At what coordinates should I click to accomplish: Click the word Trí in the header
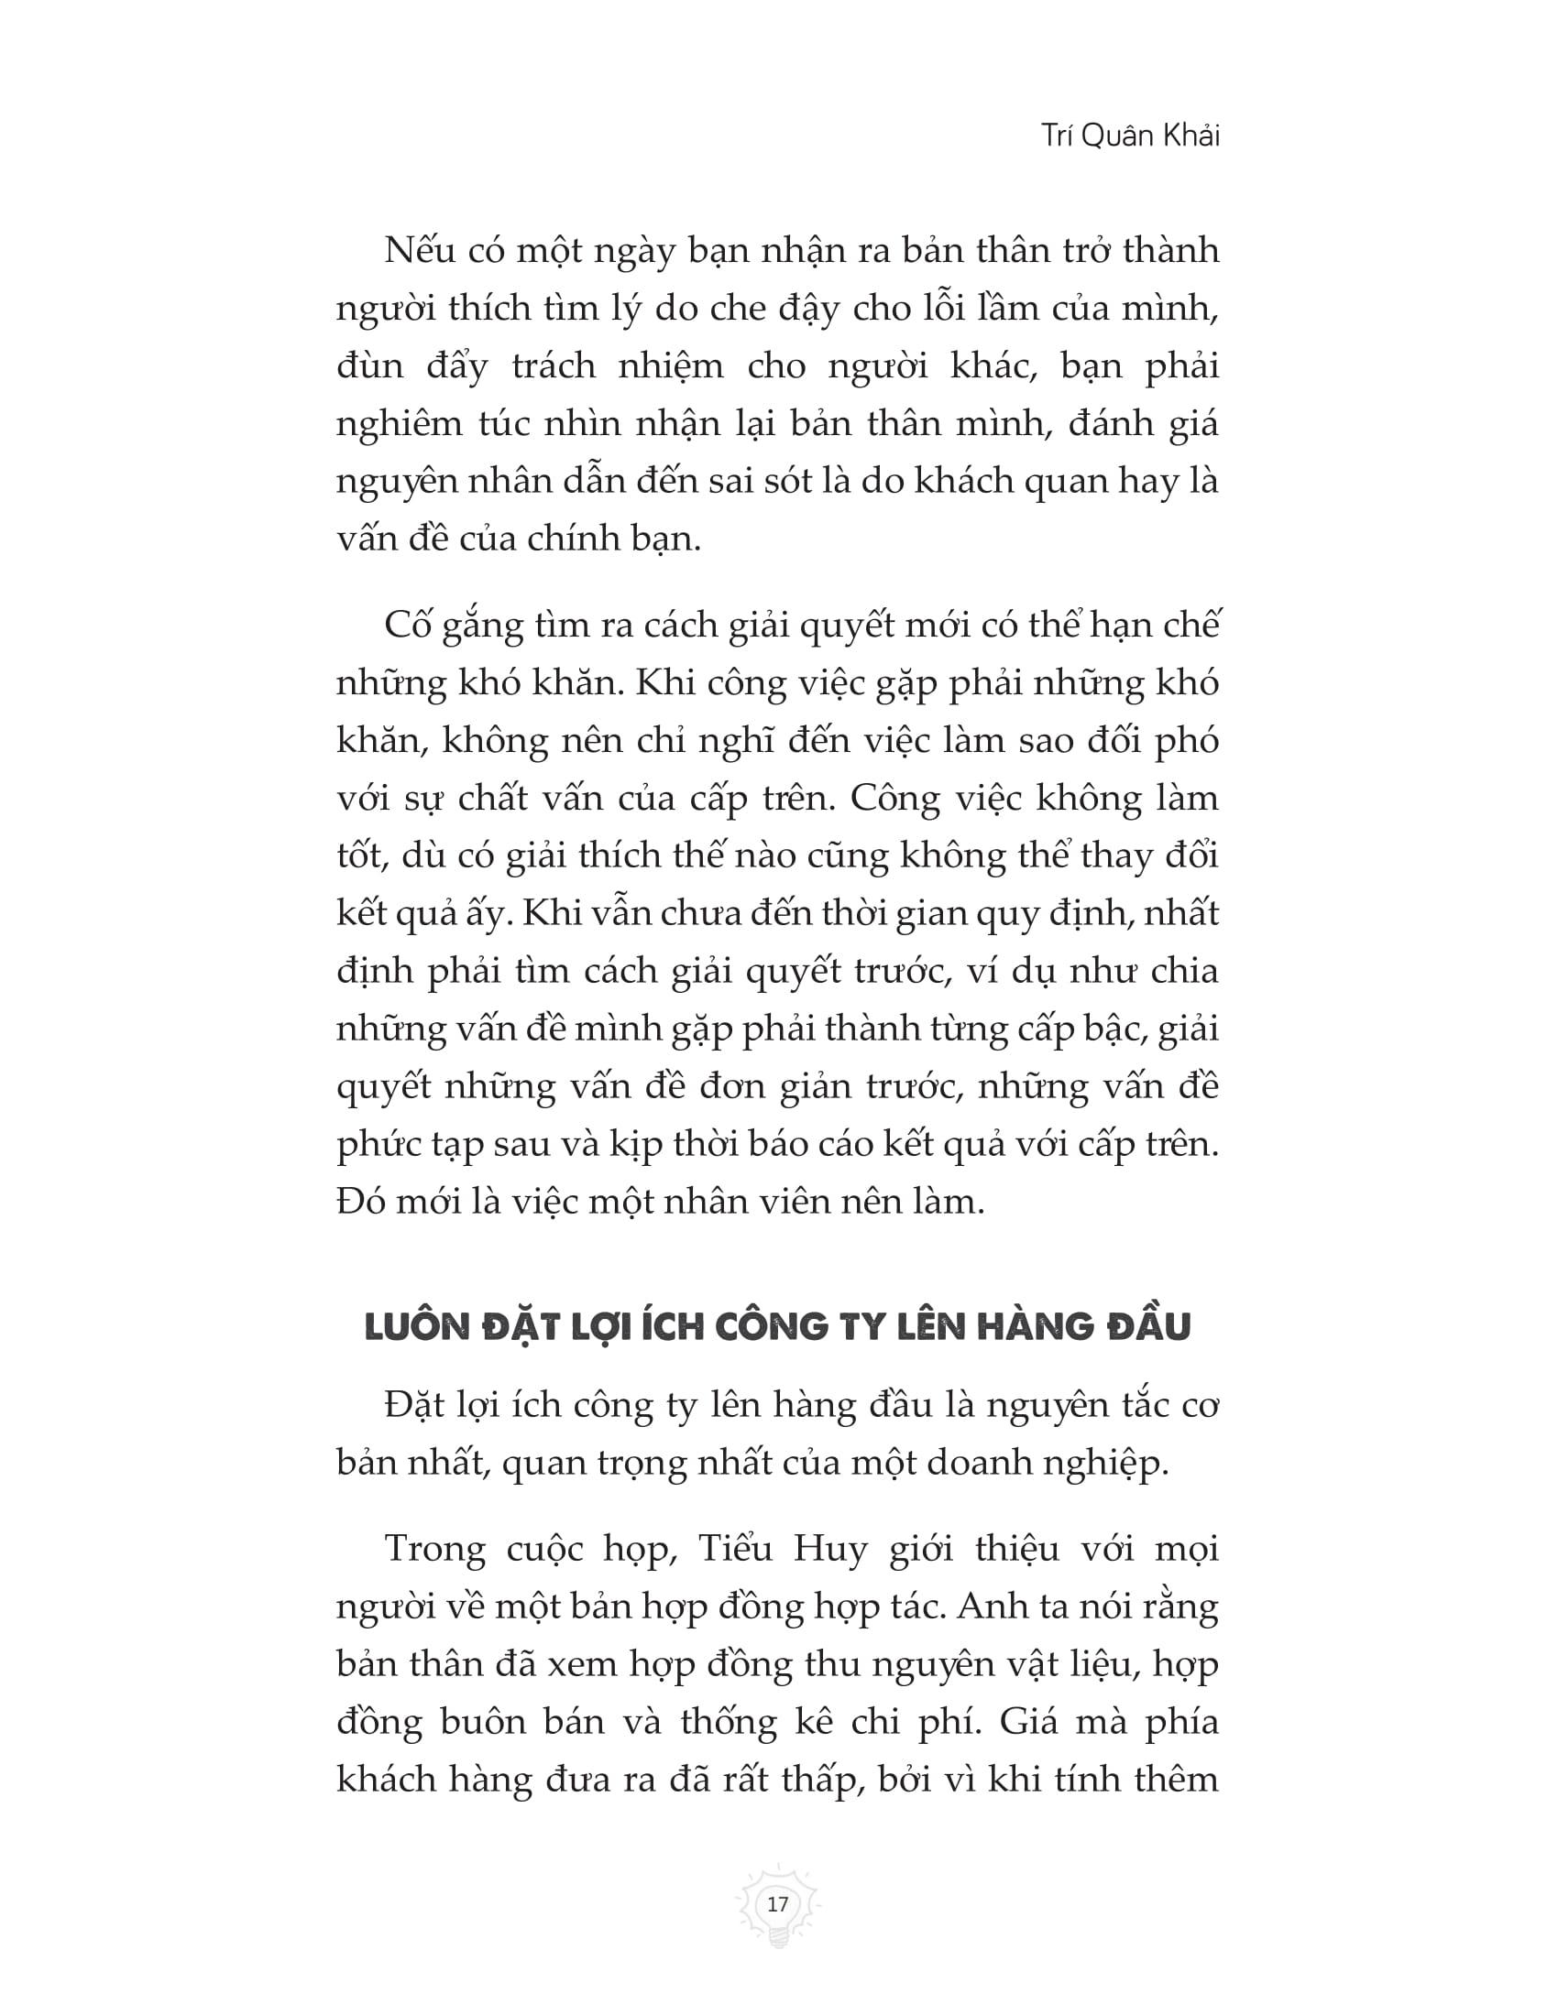click(x=1056, y=136)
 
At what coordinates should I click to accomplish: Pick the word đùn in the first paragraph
click(x=370, y=366)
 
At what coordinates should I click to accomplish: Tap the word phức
click(x=378, y=1145)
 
